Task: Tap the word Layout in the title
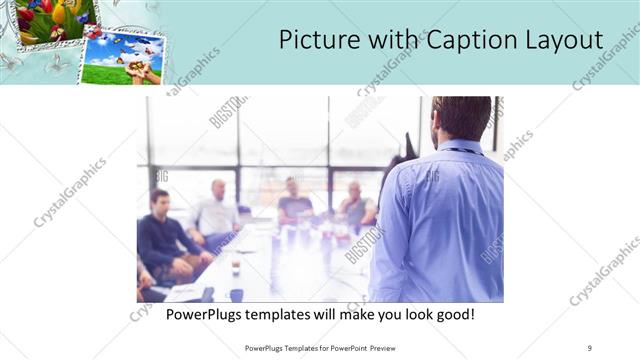point(563,40)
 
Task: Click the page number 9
point(590,347)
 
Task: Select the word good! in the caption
point(453,314)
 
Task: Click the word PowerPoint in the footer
point(340,347)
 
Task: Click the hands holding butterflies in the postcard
point(146,72)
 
